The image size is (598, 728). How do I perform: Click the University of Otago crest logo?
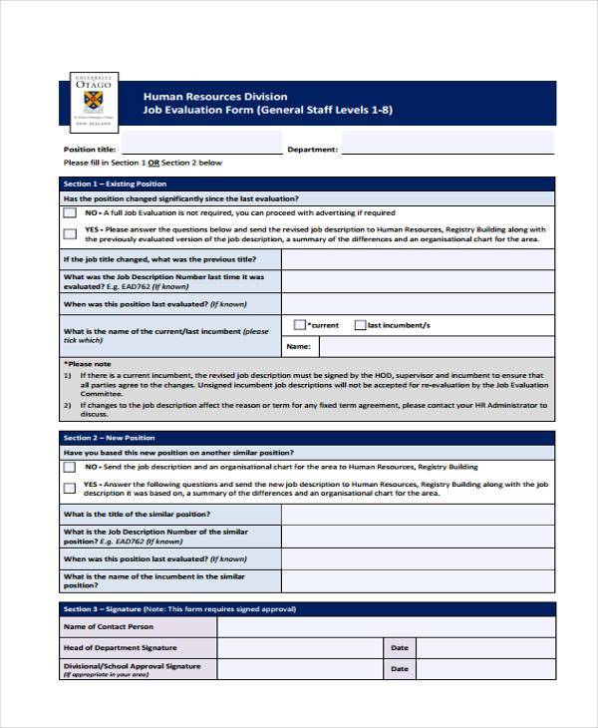pos(93,102)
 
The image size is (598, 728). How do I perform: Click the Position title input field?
pos(207,149)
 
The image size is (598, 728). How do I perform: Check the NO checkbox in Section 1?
pos(69,213)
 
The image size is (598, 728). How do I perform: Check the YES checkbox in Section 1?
pos(69,234)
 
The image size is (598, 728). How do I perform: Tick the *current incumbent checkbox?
pos(300,325)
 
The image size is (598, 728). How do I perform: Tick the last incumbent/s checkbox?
pos(360,325)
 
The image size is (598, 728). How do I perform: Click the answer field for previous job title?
pos(418,259)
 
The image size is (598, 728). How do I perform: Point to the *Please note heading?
pos(88,364)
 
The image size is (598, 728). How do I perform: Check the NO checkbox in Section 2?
pos(69,467)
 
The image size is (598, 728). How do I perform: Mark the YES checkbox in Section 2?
pos(69,488)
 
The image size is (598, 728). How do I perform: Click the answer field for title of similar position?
pos(418,515)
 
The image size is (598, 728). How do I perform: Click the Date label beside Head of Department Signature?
pos(400,648)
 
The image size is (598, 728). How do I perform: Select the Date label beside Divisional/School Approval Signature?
pos(400,669)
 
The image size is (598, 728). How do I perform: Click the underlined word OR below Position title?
pos(153,163)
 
